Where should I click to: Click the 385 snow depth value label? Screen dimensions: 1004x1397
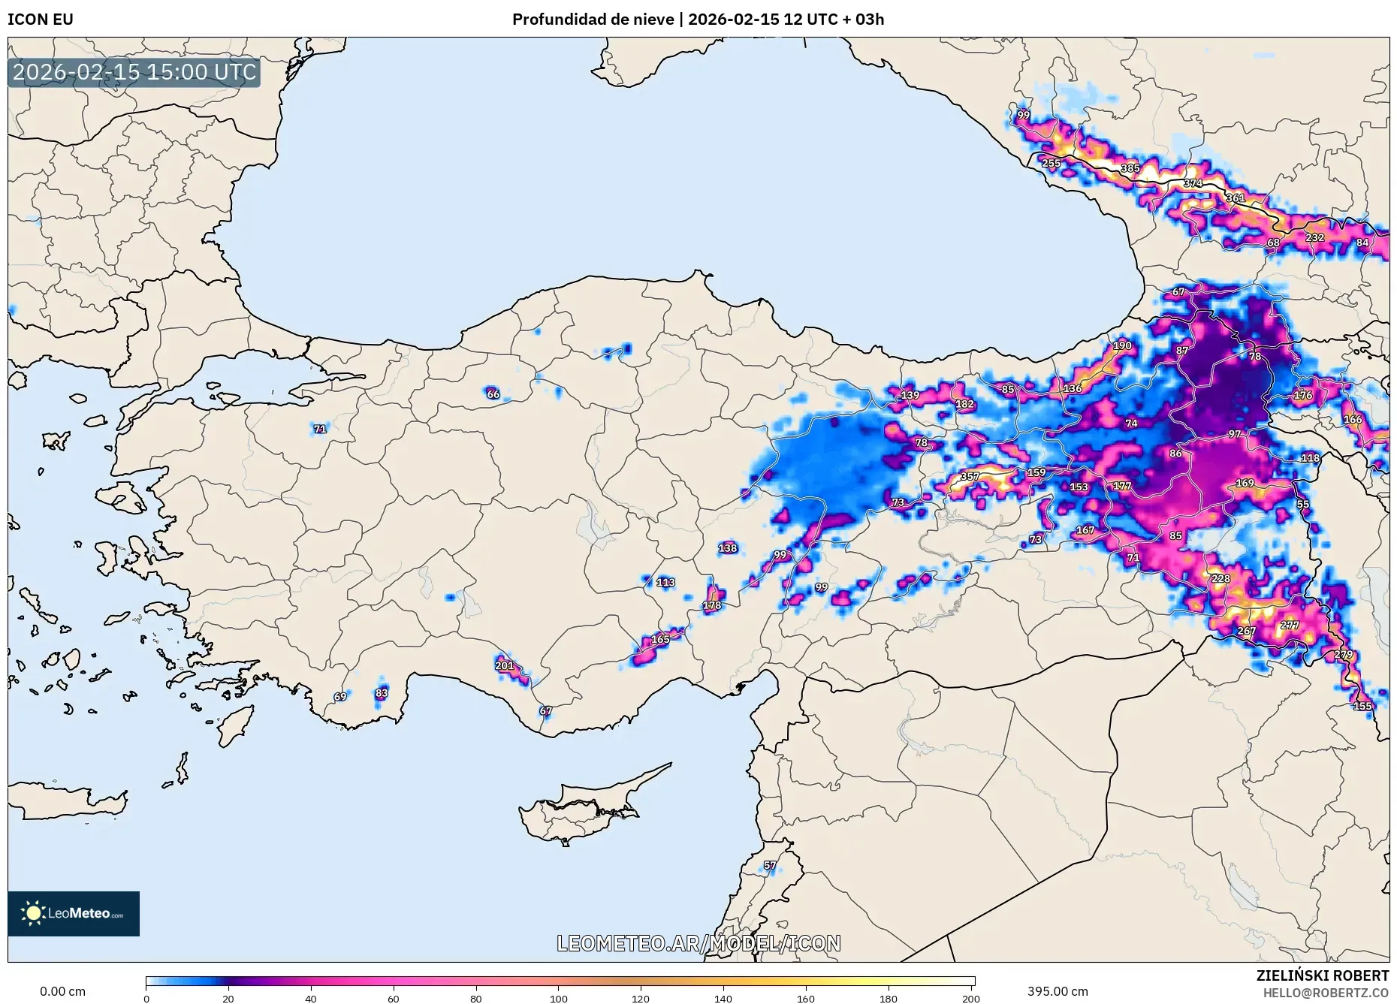[x=1130, y=168]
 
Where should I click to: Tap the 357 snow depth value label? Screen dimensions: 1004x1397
[x=970, y=477]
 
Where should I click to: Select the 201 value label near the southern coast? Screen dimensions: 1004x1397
[x=505, y=665]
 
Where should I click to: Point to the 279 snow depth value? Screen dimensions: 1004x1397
[x=1344, y=655]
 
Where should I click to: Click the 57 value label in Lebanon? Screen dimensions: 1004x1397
[x=770, y=865]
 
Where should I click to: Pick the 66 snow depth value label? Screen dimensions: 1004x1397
[x=493, y=394]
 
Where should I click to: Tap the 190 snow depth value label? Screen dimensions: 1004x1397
[x=1122, y=346]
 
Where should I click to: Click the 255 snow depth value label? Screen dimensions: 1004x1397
[x=1051, y=163]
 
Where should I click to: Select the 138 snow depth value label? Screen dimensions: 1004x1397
[x=727, y=548]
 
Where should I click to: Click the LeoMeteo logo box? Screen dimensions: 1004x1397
[x=74, y=913]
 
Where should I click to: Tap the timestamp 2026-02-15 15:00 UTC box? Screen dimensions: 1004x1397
[x=134, y=73]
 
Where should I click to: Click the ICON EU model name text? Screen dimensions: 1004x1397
[x=41, y=20]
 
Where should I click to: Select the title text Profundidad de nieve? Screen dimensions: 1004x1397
[x=593, y=20]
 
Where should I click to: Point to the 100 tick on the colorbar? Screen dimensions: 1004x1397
[x=558, y=999]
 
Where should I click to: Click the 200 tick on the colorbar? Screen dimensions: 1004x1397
[x=970, y=999]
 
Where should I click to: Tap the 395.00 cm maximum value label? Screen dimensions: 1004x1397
[x=1057, y=991]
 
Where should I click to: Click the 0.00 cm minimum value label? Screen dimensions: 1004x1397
[x=62, y=991]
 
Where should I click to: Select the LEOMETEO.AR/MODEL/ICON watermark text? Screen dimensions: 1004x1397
[x=698, y=943]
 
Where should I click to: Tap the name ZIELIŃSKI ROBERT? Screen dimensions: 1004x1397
[x=1322, y=975]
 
